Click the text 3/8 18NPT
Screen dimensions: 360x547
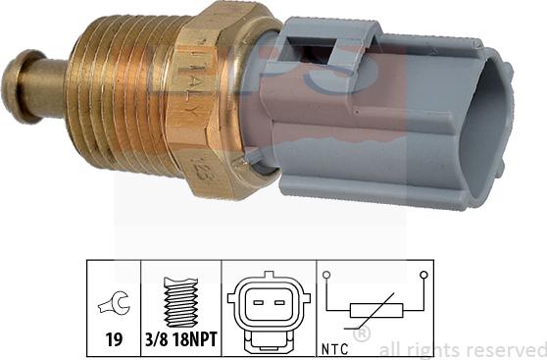click(x=181, y=342)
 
